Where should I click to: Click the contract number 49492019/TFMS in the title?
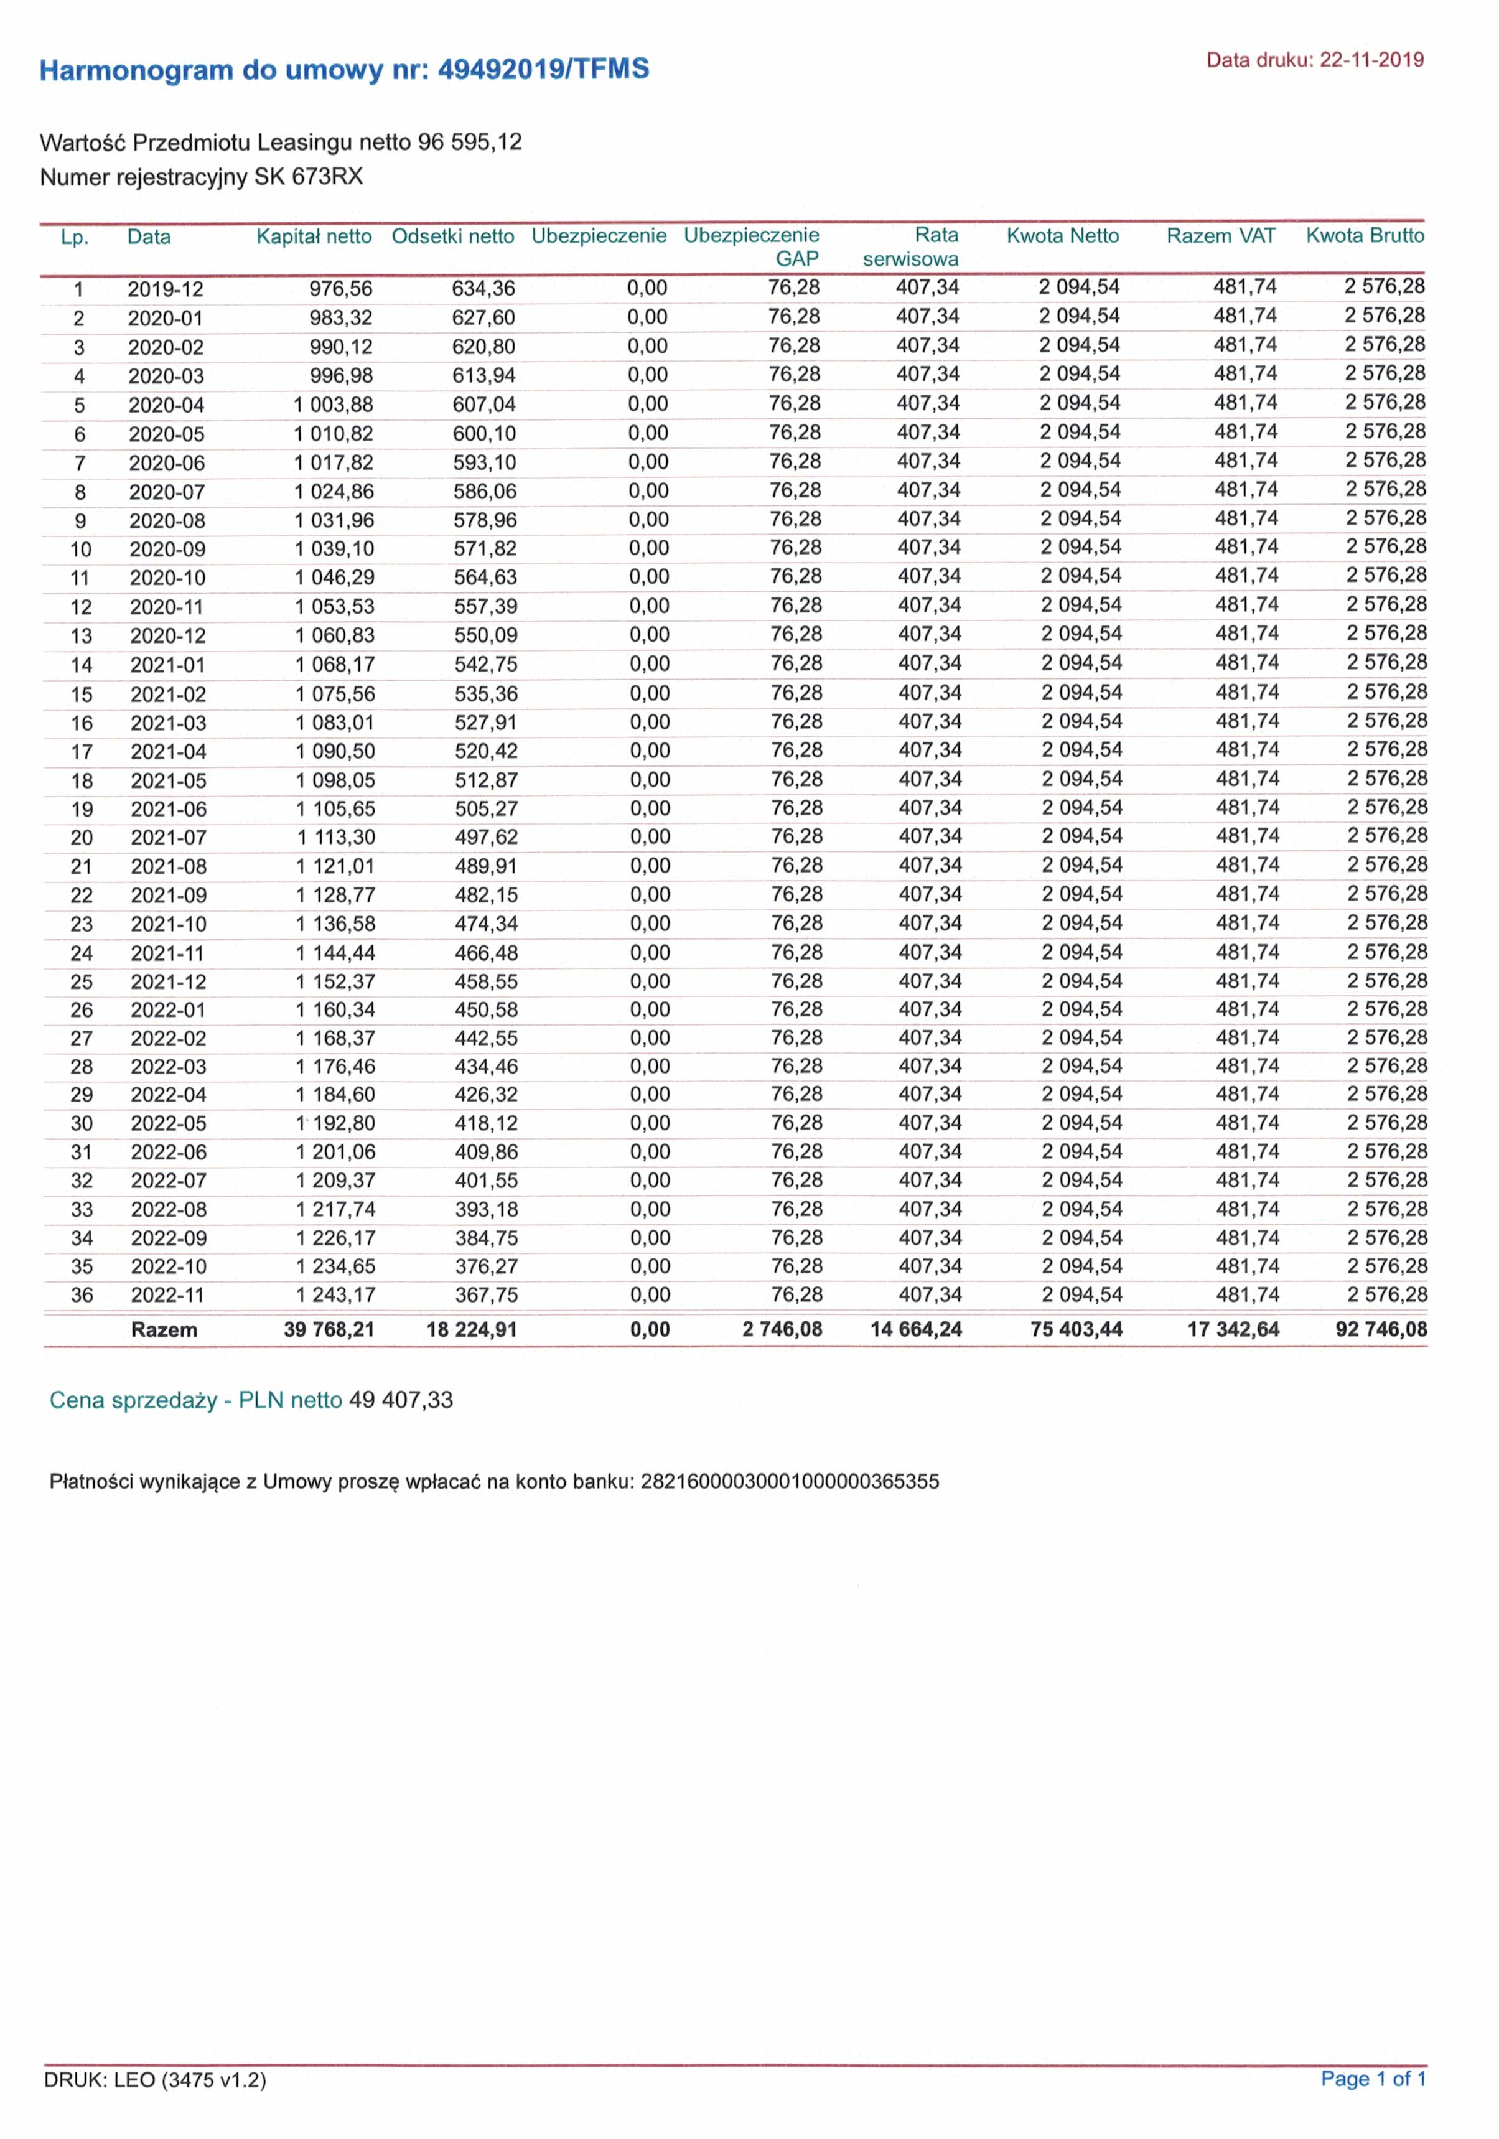[x=543, y=70]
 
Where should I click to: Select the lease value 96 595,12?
[x=470, y=143]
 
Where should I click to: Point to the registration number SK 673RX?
[x=309, y=177]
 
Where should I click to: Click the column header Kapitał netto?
[x=314, y=236]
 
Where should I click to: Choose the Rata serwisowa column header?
[x=911, y=247]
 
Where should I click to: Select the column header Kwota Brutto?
[x=1365, y=236]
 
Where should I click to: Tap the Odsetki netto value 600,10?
[x=485, y=434]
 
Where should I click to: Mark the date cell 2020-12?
[x=167, y=636]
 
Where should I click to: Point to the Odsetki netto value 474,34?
[x=487, y=924]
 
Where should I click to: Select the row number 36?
[x=82, y=1295]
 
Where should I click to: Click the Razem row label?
[x=164, y=1329]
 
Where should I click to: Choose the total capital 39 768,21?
[x=329, y=1329]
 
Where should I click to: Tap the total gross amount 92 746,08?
[x=1381, y=1329]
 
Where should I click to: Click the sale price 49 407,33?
[x=401, y=1400]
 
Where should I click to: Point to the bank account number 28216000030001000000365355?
[x=790, y=1481]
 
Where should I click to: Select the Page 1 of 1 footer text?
[x=1372, y=2079]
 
